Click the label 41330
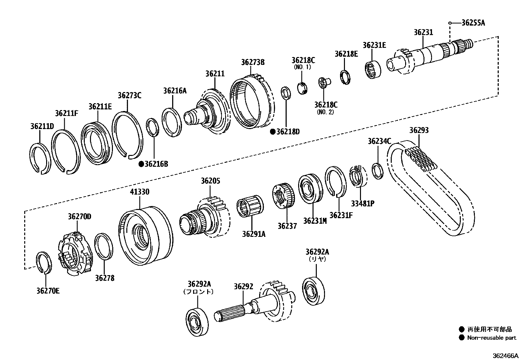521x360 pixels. [x=140, y=192]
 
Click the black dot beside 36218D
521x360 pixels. [x=272, y=132]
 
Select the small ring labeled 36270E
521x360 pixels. [x=43, y=262]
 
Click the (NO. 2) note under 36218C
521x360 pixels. [x=326, y=112]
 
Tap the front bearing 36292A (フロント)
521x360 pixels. [x=197, y=321]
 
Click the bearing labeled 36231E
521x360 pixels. [x=373, y=69]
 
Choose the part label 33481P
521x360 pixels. [x=363, y=203]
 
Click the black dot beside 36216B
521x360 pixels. [x=141, y=164]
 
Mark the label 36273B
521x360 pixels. [x=253, y=62]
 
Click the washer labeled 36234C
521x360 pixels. [x=378, y=171]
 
